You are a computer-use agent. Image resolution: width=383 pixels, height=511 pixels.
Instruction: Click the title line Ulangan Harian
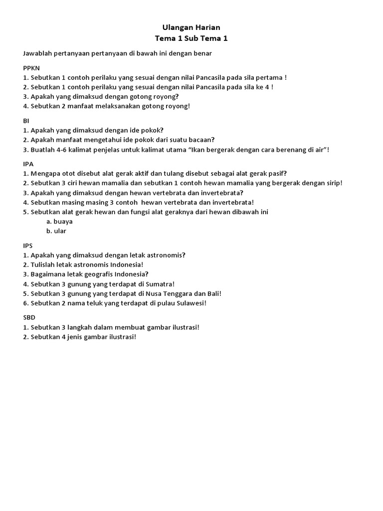191,27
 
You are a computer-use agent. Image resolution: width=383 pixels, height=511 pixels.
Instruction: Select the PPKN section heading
31,68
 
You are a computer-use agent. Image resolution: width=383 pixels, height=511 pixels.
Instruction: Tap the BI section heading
26,121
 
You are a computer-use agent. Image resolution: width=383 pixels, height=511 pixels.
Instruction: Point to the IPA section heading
28,164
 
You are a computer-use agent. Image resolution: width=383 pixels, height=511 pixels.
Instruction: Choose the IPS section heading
28,245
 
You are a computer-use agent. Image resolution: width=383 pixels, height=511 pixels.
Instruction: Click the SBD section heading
29,317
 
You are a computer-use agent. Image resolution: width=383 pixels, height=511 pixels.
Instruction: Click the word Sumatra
158,284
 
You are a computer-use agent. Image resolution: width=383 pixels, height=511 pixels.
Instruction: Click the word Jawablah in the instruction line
38,53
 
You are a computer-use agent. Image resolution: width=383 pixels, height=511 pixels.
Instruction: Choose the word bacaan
200,140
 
